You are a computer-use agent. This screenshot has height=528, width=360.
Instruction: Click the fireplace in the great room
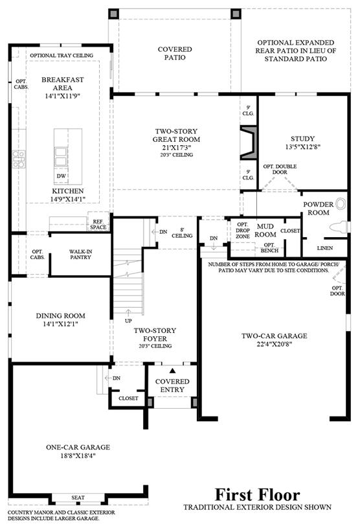(x=249, y=143)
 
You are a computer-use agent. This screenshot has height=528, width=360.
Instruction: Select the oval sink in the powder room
(x=341, y=204)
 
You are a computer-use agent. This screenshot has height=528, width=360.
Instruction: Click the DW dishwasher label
(x=62, y=176)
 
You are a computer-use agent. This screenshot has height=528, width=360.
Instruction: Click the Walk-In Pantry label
(x=80, y=254)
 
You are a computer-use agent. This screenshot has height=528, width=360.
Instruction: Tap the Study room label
(x=302, y=139)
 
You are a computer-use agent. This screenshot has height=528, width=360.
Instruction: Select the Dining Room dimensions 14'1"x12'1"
(x=61, y=324)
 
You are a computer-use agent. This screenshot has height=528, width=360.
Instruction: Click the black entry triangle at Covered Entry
(x=173, y=371)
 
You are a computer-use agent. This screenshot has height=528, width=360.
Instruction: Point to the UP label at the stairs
(x=128, y=321)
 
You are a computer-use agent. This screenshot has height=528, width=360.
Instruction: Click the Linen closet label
(x=325, y=248)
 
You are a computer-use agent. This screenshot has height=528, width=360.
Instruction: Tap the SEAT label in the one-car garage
(x=78, y=498)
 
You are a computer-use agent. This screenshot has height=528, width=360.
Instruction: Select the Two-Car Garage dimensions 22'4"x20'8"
(x=274, y=344)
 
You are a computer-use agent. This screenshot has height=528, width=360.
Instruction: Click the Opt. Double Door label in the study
(x=280, y=169)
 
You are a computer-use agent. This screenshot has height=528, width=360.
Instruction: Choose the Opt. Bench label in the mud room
(x=269, y=248)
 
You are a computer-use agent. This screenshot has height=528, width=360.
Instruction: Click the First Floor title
(x=258, y=495)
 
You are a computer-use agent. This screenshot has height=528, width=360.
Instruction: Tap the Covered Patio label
(x=175, y=53)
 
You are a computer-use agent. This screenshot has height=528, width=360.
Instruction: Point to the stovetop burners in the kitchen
(x=19, y=159)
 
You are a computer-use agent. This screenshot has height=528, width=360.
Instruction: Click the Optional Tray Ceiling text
(x=62, y=55)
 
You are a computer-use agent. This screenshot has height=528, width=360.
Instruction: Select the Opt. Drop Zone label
(x=243, y=231)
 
